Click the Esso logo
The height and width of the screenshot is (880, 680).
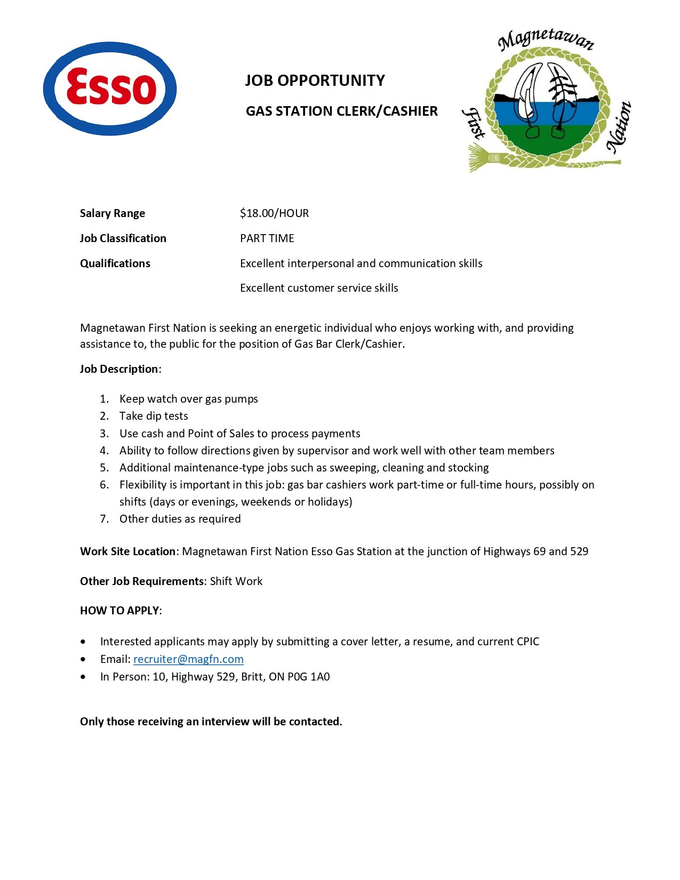110,89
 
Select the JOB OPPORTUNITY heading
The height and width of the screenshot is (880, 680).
315,81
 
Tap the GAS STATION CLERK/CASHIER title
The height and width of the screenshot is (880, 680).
341,111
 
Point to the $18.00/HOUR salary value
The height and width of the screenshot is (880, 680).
274,213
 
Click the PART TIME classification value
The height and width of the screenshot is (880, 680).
267,238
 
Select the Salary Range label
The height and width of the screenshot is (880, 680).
113,213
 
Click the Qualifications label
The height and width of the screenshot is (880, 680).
115,263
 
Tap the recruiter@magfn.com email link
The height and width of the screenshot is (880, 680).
188,659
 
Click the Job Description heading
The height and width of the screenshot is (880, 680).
119,369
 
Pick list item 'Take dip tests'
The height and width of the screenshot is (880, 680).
154,416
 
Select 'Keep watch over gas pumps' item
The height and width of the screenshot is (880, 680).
188,399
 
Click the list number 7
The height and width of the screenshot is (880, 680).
104,519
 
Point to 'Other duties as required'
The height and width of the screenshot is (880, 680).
180,519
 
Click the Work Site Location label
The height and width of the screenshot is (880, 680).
127,551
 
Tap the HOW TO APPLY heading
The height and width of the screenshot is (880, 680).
119,611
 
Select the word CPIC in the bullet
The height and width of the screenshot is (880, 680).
527,642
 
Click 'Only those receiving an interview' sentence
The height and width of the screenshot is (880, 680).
211,722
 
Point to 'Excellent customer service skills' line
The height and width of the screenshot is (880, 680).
319,288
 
